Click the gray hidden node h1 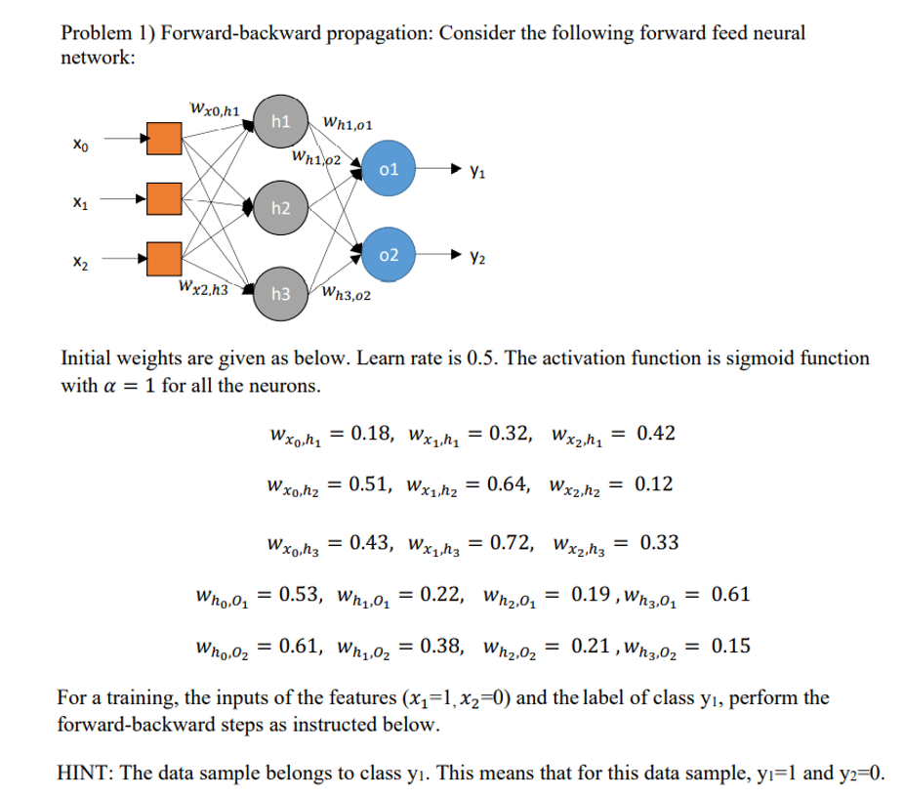280,122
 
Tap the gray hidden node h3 280,293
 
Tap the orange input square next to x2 163,259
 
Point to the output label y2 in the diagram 475,260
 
